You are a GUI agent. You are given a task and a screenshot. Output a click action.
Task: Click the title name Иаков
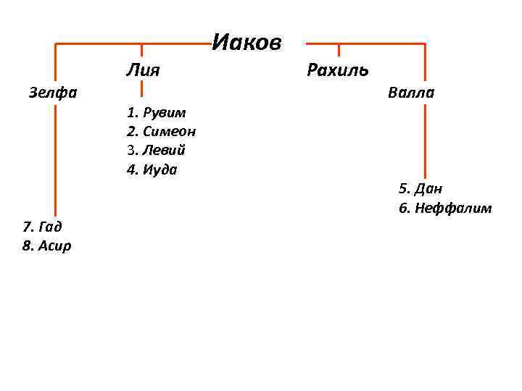tap(246, 43)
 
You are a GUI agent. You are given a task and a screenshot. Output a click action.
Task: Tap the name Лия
tap(143, 70)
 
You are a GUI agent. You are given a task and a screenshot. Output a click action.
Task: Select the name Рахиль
tap(338, 70)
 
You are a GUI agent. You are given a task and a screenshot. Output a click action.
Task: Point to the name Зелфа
tap(53, 93)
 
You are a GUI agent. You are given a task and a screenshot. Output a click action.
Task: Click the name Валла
tap(411, 93)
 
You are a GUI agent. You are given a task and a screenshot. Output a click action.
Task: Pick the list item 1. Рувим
tap(156, 112)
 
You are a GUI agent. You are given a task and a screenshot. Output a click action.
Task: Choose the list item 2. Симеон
tap(161, 132)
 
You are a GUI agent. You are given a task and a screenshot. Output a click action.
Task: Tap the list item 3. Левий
tap(156, 151)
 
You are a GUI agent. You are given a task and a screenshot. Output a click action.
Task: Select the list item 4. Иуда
tap(152, 170)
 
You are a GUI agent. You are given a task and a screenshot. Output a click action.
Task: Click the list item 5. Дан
tap(420, 189)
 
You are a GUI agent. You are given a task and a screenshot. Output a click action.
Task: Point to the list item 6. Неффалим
tap(445, 209)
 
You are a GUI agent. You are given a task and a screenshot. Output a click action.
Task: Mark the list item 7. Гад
tap(42, 227)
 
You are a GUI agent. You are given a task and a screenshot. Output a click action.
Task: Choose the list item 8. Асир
tap(47, 246)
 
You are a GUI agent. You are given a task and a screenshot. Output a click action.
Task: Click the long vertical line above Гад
tap(55, 159)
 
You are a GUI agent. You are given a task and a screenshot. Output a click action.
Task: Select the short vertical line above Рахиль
tap(339, 50)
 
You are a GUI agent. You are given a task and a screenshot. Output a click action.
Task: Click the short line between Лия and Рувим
tap(141, 88)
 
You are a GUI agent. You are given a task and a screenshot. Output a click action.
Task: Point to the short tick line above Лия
tap(141, 50)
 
